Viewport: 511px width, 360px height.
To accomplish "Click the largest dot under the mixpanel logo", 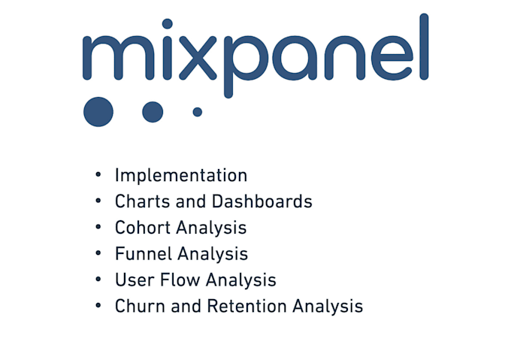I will coord(98,111).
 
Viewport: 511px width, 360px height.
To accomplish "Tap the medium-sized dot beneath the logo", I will coord(153,112).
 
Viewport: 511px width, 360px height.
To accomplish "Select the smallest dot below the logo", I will coord(198,112).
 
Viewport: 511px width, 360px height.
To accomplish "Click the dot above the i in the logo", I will coord(167,24).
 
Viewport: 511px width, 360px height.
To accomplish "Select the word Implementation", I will coord(180,176).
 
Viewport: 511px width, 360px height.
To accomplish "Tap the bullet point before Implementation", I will coord(98,176).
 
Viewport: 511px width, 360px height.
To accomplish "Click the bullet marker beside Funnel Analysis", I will coord(98,254).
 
